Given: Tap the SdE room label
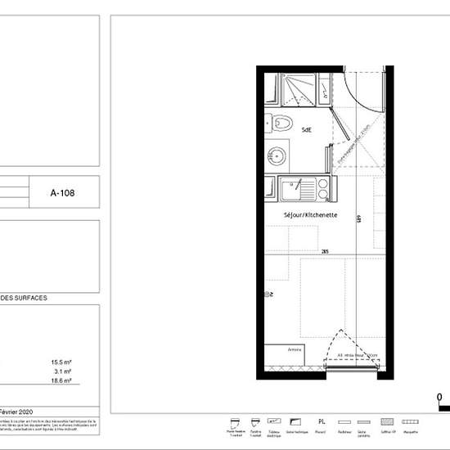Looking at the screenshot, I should coord(307,130).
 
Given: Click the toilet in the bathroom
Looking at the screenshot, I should coord(283,124).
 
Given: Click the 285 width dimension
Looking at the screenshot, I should coord(325,251).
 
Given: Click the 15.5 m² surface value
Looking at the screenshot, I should coord(61,362).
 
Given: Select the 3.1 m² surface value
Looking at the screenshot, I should coord(61,371).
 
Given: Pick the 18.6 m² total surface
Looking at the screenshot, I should coord(61,381).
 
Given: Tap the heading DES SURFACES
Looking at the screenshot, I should coord(24,299).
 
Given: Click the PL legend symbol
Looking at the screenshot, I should coord(322,417).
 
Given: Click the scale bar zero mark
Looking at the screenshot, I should coord(439,398).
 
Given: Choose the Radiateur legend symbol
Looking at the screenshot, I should coord(343,417).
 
